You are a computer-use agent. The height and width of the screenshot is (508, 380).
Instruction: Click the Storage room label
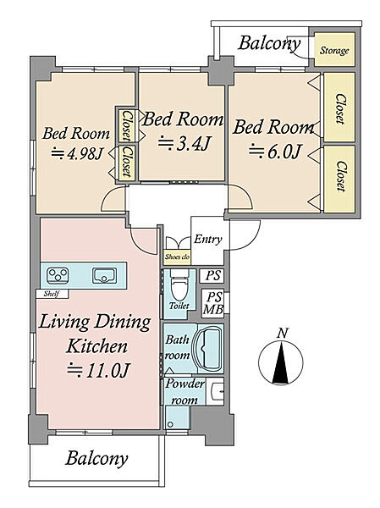[334, 51]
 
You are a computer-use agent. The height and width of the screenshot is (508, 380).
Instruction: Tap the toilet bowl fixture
[179, 285]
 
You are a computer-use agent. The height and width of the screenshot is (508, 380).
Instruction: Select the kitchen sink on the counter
[104, 276]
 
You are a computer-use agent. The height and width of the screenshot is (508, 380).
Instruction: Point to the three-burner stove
[58, 276]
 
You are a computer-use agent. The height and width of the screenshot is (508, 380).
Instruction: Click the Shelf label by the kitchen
[52, 294]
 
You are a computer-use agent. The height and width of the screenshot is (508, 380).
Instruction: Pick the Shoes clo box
[177, 257]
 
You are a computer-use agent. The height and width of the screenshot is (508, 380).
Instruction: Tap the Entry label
[208, 240]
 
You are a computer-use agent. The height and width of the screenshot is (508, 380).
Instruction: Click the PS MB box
[213, 303]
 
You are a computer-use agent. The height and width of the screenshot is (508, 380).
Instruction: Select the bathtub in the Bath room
[207, 349]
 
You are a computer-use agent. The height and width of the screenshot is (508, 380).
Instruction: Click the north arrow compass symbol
[281, 362]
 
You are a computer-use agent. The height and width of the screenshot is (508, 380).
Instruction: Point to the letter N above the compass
[283, 333]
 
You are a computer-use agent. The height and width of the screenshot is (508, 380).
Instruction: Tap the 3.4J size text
[185, 144]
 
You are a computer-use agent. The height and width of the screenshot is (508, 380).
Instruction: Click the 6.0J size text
[275, 152]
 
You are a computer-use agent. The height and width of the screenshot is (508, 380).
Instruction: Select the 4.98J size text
[76, 153]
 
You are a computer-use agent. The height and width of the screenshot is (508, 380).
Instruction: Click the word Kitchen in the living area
[96, 346]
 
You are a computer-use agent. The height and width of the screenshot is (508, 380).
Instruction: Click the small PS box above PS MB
[213, 276]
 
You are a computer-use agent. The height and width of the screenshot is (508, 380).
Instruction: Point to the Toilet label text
[179, 306]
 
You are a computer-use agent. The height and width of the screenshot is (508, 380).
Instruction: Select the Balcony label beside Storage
[269, 43]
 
